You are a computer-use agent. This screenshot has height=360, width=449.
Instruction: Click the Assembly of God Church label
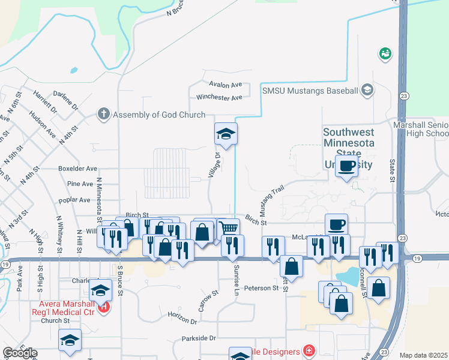tap(159, 115)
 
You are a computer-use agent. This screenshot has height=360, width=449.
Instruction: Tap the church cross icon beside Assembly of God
tap(104, 114)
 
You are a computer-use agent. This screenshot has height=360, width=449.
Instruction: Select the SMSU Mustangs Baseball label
tap(310, 91)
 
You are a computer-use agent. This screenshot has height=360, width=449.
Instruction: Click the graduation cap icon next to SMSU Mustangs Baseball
tap(367, 91)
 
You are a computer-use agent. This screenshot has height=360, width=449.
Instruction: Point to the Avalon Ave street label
tap(225, 85)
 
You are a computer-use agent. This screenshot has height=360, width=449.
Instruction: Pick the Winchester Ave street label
tap(219, 97)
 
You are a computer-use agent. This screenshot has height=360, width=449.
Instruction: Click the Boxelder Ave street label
tap(77, 169)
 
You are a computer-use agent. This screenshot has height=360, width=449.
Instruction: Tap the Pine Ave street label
tap(80, 184)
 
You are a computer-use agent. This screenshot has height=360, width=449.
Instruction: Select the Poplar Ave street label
tap(75, 200)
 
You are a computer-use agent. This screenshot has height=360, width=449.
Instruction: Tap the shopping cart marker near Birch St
tap(229, 228)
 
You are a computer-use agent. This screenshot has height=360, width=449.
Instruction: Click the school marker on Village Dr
tap(226, 133)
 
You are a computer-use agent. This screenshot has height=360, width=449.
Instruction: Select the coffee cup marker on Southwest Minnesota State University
tap(346, 166)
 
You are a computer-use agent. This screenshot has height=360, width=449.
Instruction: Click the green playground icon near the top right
tap(385, 54)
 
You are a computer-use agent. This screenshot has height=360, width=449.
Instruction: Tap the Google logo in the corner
tap(20, 353)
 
